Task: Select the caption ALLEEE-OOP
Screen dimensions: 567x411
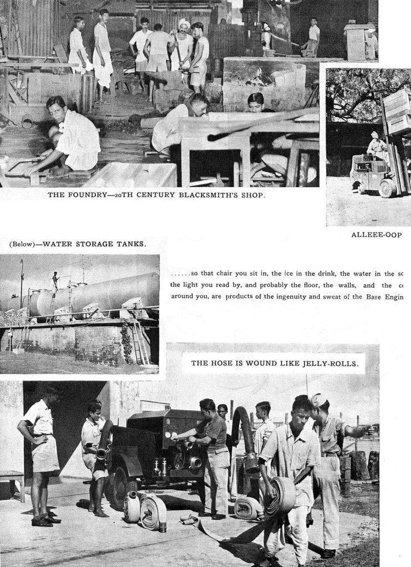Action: click(377, 235)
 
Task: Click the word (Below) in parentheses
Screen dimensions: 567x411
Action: click(22, 244)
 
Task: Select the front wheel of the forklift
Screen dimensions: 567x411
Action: click(387, 188)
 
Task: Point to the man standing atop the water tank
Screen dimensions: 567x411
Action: click(55, 280)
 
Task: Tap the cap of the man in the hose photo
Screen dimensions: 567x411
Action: click(318, 399)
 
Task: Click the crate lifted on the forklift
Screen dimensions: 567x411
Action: click(397, 111)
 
